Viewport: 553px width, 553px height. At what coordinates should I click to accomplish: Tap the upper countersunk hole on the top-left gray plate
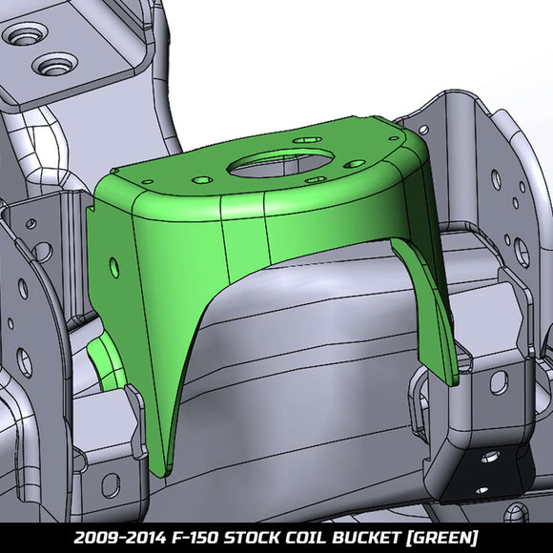pyautogui.click(x=22, y=38)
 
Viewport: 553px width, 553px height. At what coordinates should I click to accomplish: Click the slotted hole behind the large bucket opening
pyautogui.click(x=306, y=140)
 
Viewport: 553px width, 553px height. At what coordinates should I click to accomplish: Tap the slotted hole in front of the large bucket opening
pyautogui.click(x=314, y=178)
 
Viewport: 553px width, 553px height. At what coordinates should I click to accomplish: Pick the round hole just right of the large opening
pyautogui.click(x=356, y=163)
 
